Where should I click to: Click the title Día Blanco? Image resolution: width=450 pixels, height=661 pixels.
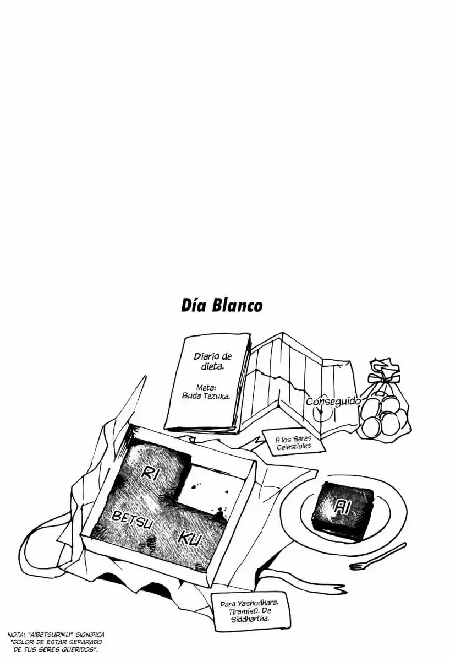click(x=222, y=306)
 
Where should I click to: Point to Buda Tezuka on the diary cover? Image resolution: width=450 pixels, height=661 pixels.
click(x=206, y=396)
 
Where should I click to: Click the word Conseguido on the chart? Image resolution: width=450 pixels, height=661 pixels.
click(x=333, y=402)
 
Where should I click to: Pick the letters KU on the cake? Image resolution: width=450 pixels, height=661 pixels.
click(x=189, y=540)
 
